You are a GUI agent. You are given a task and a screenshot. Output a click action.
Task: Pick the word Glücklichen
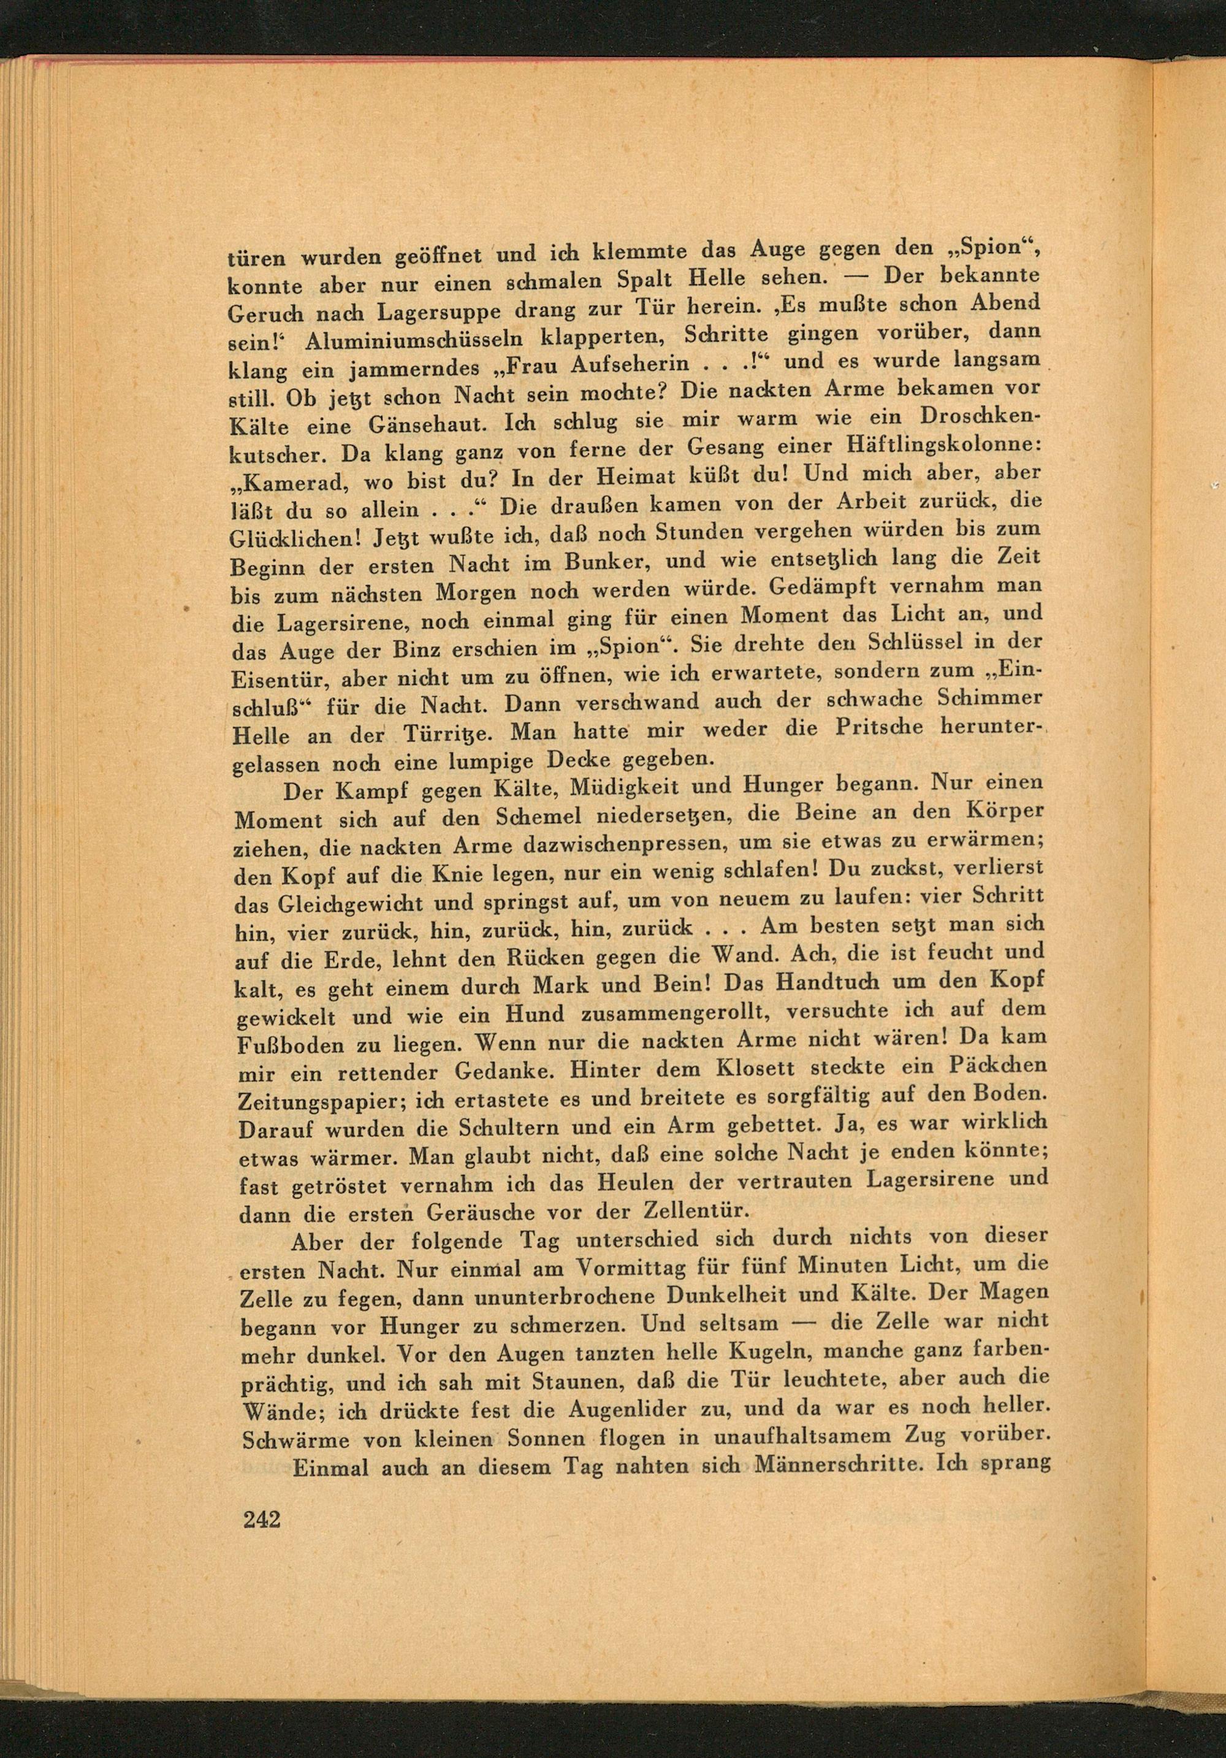(293, 538)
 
